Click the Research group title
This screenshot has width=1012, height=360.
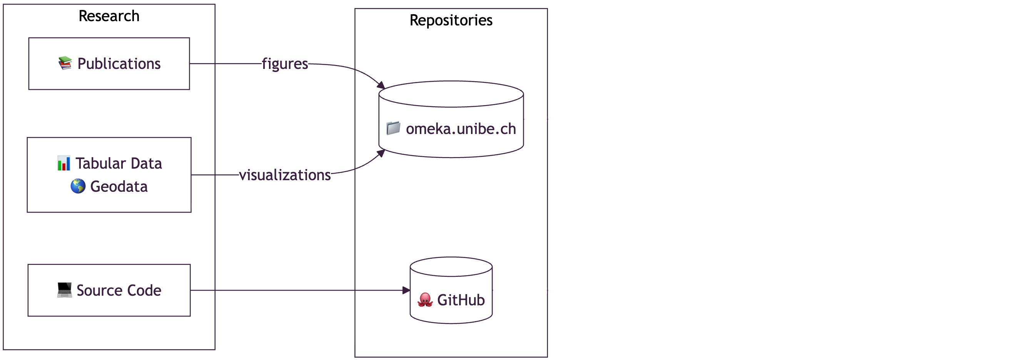(x=109, y=16)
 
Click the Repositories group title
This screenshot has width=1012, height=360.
(x=451, y=20)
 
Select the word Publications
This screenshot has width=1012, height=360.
(x=119, y=64)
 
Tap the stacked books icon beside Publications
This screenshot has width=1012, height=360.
(x=65, y=63)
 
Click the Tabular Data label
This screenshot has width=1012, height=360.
(x=119, y=164)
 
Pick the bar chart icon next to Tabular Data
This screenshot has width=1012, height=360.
(x=63, y=163)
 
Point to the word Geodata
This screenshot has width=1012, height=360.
(x=119, y=187)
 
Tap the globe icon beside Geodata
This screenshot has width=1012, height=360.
(x=78, y=186)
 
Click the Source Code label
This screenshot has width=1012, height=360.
(x=119, y=290)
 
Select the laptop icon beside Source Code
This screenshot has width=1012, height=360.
(x=64, y=290)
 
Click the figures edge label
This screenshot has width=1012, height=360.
(x=285, y=64)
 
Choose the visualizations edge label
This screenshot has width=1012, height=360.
(x=285, y=175)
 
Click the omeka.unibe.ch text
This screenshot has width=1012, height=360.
(x=461, y=129)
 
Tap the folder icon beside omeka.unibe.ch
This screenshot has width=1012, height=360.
(x=393, y=128)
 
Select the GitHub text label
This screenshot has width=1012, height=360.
(x=461, y=300)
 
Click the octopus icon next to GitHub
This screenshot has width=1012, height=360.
(x=425, y=300)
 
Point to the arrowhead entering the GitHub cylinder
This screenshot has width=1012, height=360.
(x=407, y=290)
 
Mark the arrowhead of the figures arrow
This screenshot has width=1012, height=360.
(x=381, y=85)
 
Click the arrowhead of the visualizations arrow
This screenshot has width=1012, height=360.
(x=381, y=153)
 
